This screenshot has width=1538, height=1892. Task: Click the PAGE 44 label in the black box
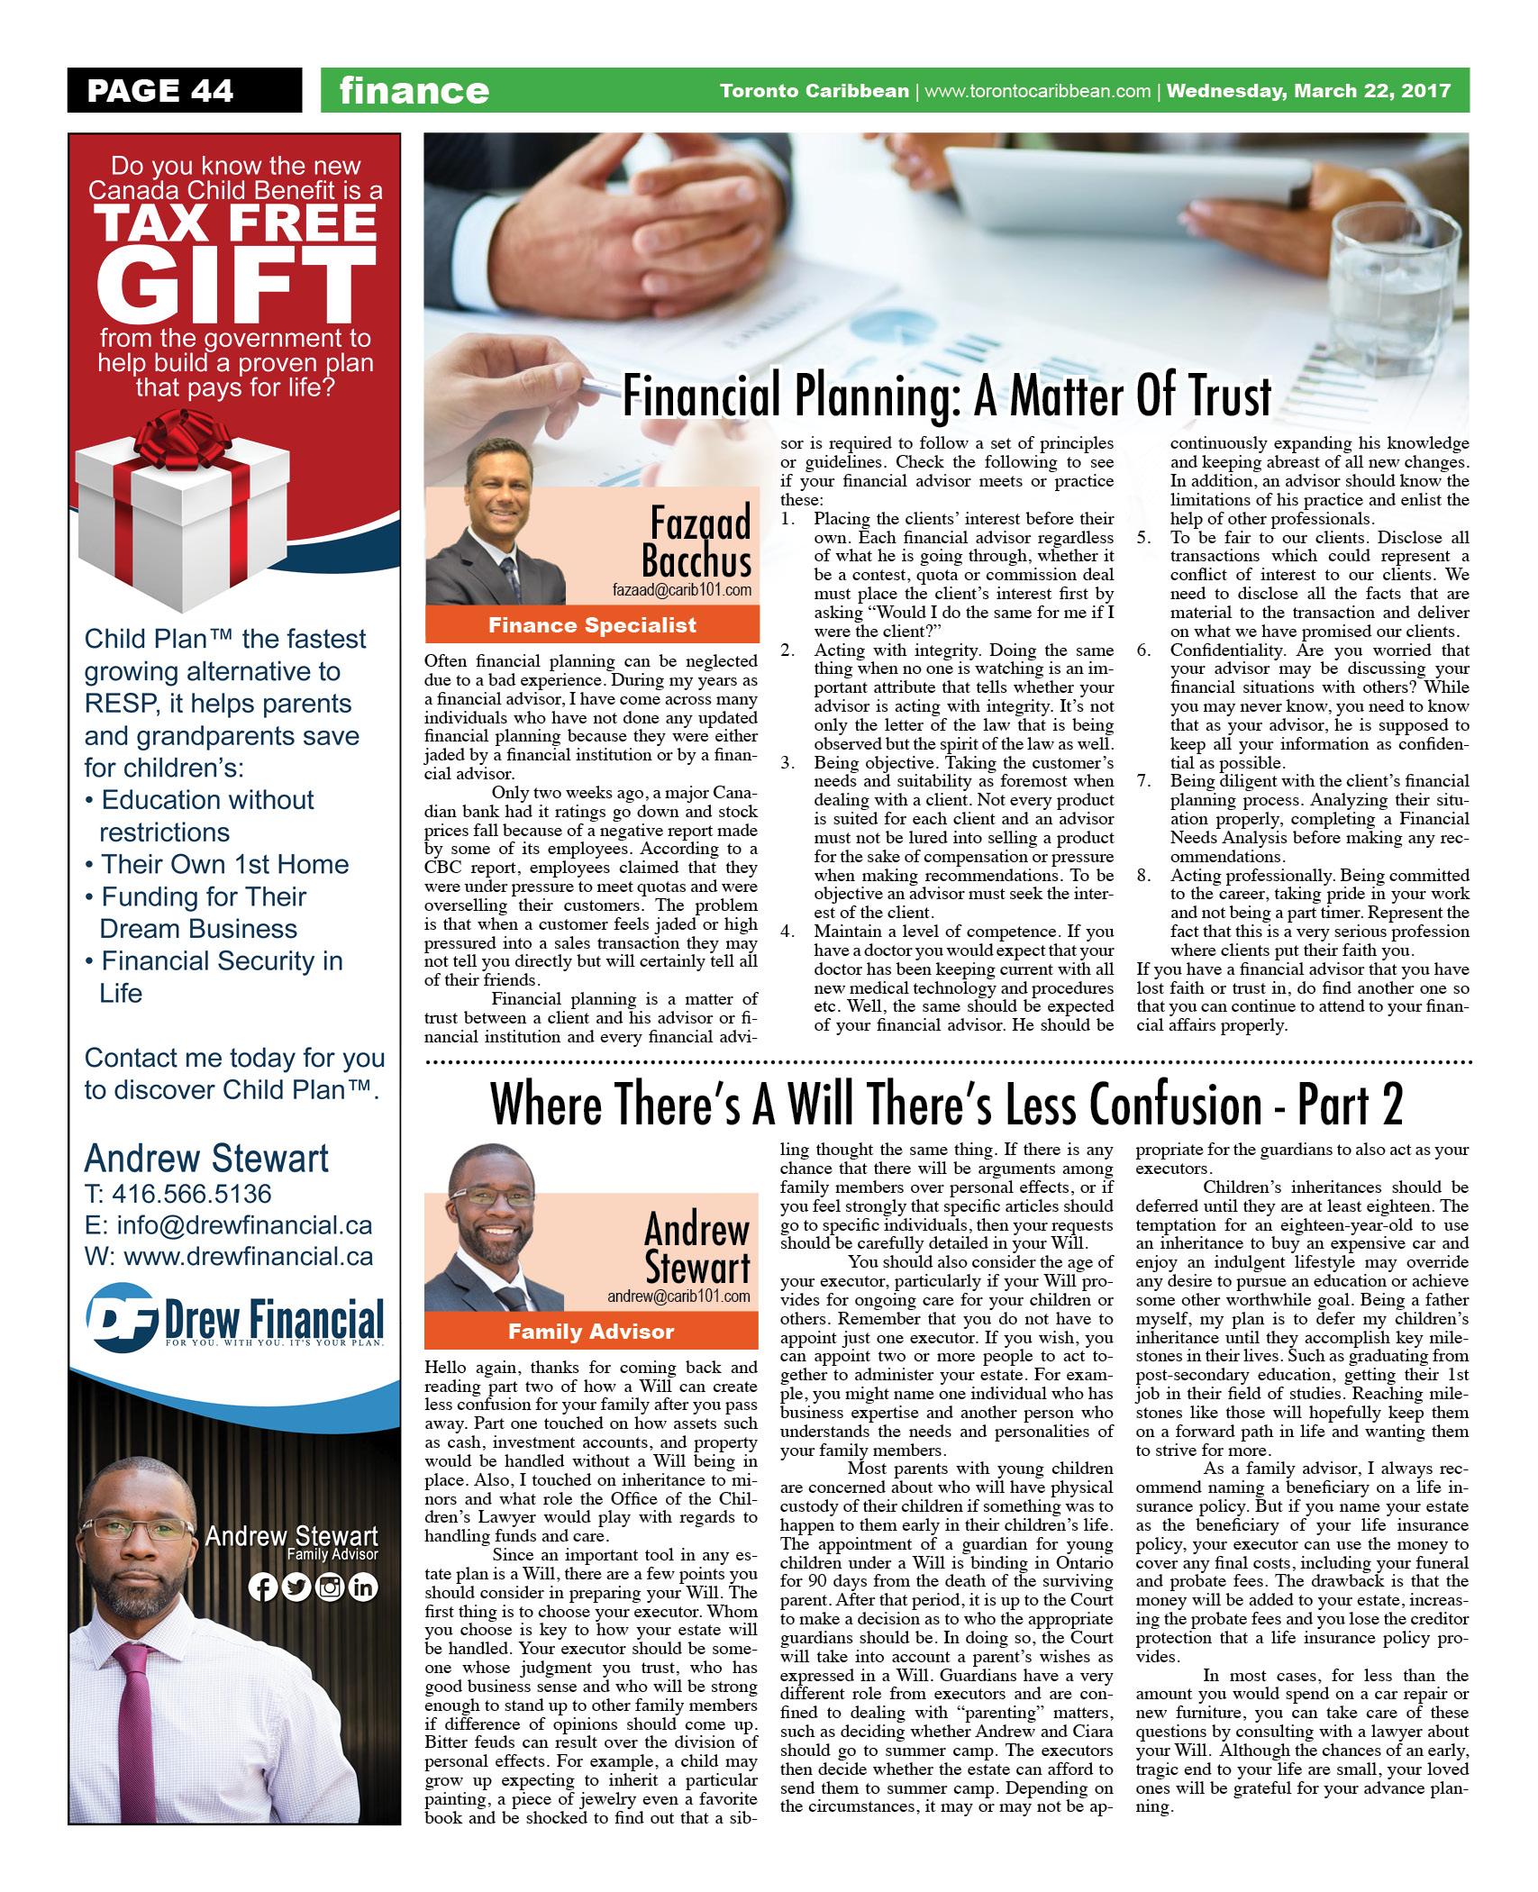click(x=159, y=91)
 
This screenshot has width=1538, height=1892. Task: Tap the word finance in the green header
click(x=414, y=91)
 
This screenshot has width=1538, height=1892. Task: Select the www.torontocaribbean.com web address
click(x=1037, y=91)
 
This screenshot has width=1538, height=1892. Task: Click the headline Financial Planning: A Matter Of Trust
click(x=946, y=396)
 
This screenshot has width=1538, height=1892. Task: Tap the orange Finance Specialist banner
click(x=592, y=624)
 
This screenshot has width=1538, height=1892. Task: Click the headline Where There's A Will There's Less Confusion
click(x=946, y=1105)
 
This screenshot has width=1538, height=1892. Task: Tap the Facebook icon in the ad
click(x=263, y=1587)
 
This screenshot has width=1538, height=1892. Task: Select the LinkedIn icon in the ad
click(x=362, y=1587)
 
